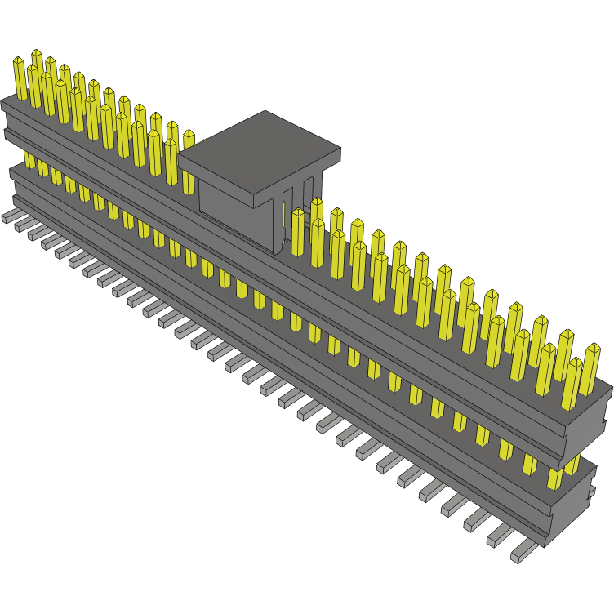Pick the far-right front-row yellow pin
[x=571, y=384]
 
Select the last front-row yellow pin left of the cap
[x=171, y=159]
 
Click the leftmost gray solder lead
[x=11, y=216]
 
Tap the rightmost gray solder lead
[x=523, y=553]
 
